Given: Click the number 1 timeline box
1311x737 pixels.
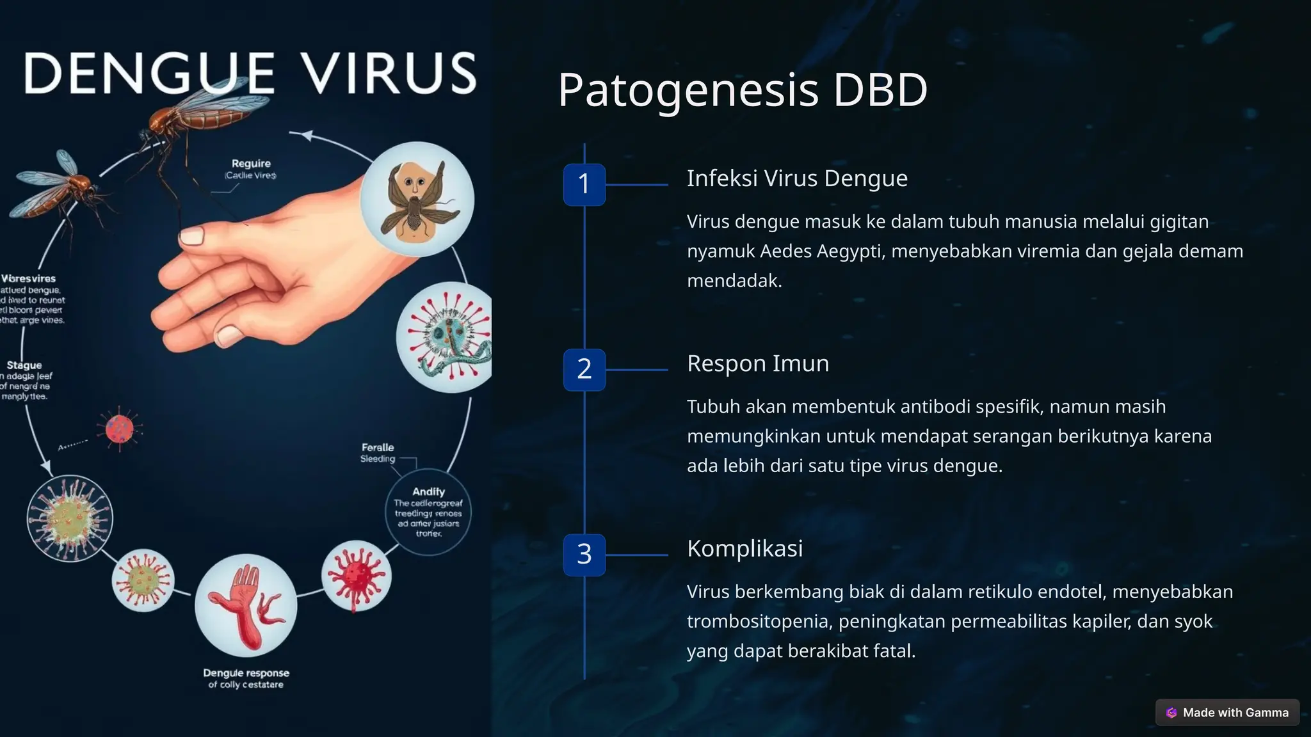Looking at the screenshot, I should pos(584,184).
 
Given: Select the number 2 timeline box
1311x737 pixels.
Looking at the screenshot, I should pos(584,369).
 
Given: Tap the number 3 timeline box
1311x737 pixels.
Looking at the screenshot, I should pos(584,554).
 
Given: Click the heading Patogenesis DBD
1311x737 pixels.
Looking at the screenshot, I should pos(743,90).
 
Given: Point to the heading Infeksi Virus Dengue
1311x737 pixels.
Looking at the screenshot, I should pos(797,178).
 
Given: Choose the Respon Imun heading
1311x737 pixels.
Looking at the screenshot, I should pos(758,363).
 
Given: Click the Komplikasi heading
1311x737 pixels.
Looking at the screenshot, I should pos(744,548).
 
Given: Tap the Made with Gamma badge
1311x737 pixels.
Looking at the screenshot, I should pos(1227,712).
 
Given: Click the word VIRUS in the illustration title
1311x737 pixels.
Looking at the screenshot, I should pos(389,74).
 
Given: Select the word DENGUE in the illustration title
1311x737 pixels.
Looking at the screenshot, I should pos(150,74).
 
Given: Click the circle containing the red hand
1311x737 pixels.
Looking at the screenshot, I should pos(246,605).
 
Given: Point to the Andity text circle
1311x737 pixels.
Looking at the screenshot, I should pos(428,512).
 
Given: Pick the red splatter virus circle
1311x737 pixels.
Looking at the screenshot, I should pos(356,575).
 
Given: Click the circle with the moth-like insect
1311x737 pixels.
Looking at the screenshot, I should pos(417,199).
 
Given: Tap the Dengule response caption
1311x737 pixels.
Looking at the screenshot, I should pos(246,678).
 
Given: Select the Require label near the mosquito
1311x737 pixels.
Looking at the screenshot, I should pos(251,164).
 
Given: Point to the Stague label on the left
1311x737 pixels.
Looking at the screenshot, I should pos(24,365).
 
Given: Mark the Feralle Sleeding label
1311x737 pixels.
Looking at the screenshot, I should pos(378,452).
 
